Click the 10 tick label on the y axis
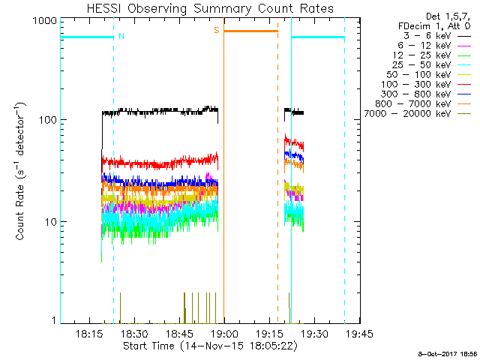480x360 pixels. (49, 222)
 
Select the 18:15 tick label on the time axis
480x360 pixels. (88, 334)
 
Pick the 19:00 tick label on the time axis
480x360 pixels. (224, 334)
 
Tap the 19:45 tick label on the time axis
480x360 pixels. (360, 334)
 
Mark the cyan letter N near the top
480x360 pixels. (121, 35)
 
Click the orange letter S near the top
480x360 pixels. (217, 30)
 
